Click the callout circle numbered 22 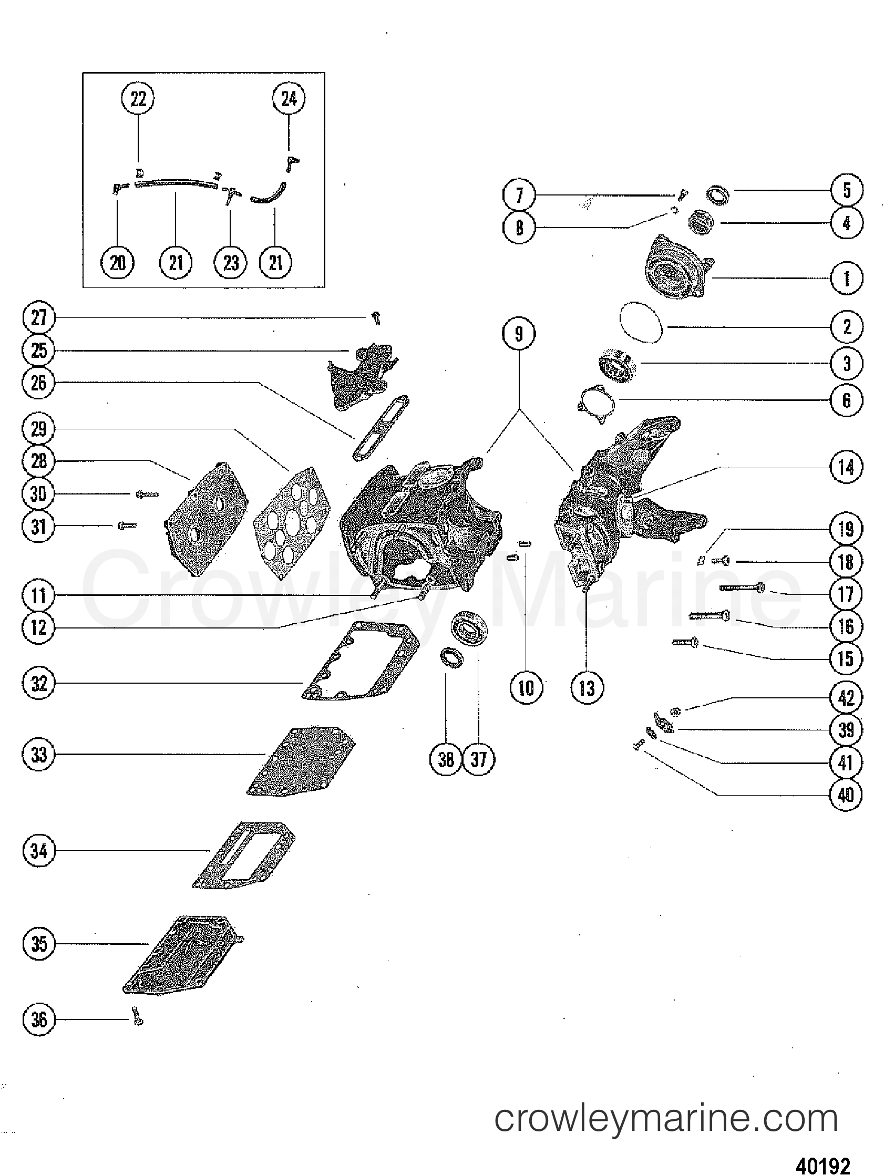pyautogui.click(x=138, y=99)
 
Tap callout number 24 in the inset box pyautogui.click(x=289, y=99)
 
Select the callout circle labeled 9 pyautogui.click(x=519, y=334)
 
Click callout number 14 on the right pyautogui.click(x=846, y=468)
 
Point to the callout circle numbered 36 pyautogui.click(x=39, y=1019)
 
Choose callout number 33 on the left pyautogui.click(x=39, y=754)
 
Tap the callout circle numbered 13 pyautogui.click(x=587, y=688)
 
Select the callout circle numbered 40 pyautogui.click(x=846, y=795)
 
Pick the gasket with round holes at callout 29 pyautogui.click(x=292, y=523)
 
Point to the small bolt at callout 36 pyautogui.click(x=138, y=1016)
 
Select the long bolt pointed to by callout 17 pyautogui.click(x=742, y=588)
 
